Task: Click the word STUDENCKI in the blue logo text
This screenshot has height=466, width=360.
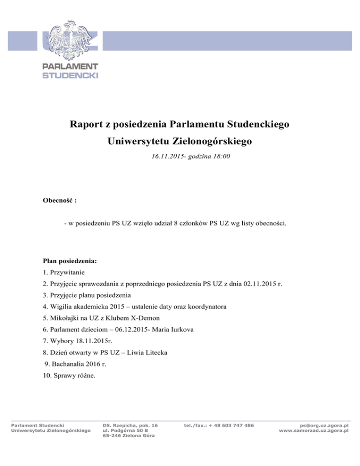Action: click(x=70, y=75)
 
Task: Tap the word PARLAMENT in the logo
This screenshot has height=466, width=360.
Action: click(x=70, y=67)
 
